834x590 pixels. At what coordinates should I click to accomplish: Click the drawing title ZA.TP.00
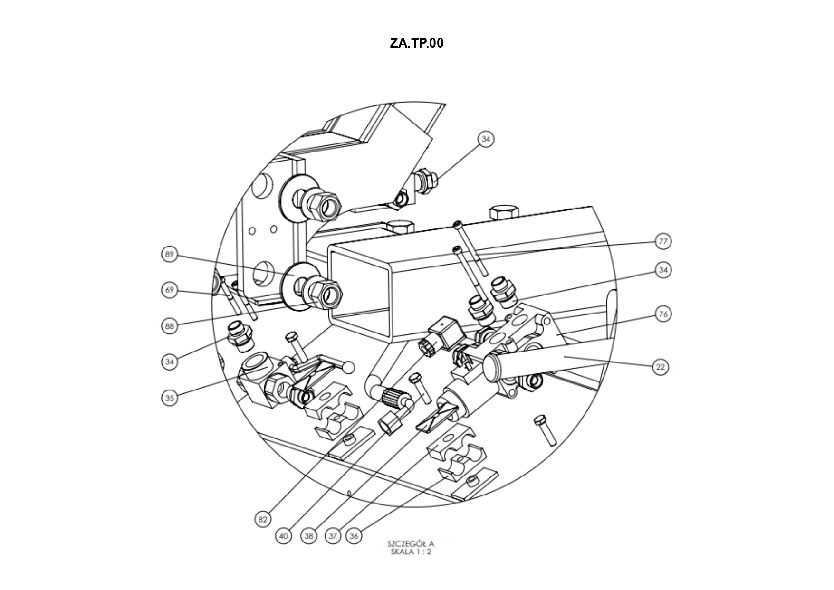(x=416, y=43)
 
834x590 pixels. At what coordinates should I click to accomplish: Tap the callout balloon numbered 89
(x=170, y=255)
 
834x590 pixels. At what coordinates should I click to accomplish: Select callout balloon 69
(x=170, y=290)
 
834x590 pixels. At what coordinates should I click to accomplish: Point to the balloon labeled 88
(x=170, y=326)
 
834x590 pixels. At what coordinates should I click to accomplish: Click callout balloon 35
(x=170, y=398)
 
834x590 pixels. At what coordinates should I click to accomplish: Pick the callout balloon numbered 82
(x=263, y=520)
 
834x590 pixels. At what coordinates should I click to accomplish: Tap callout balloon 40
(x=284, y=536)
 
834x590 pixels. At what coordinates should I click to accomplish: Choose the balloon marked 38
(x=309, y=536)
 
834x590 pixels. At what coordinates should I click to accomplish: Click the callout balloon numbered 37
(x=333, y=536)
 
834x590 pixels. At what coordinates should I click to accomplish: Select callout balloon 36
(x=354, y=536)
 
